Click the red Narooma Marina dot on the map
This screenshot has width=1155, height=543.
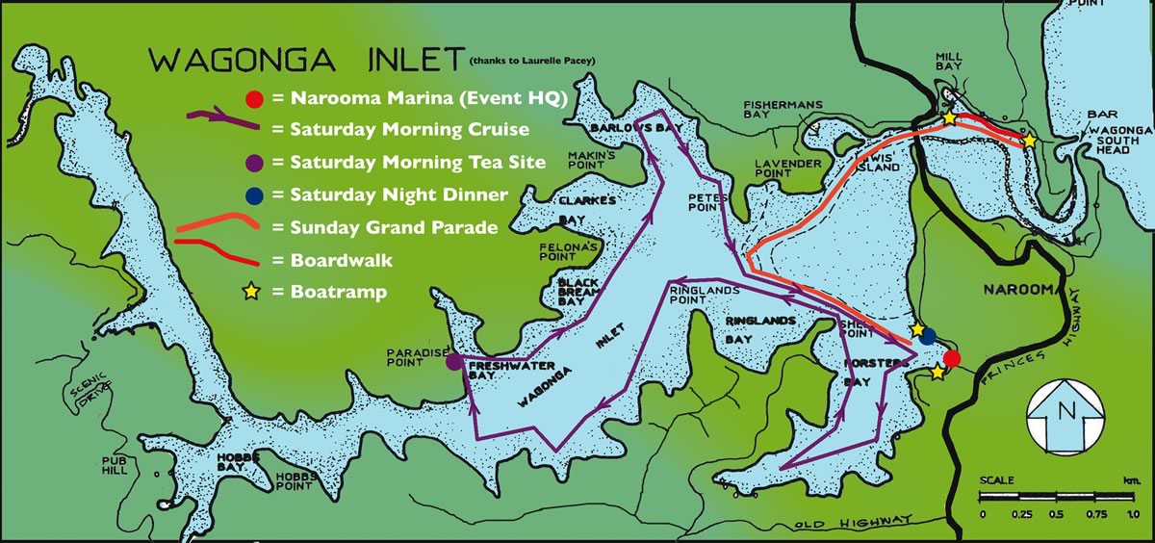click(951, 359)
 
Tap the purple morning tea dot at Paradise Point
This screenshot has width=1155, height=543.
click(452, 363)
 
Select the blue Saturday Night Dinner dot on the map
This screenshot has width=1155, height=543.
click(927, 336)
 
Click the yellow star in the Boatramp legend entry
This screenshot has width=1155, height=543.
click(252, 292)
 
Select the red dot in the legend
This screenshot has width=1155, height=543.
click(252, 97)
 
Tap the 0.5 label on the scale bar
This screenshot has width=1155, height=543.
click(1057, 514)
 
